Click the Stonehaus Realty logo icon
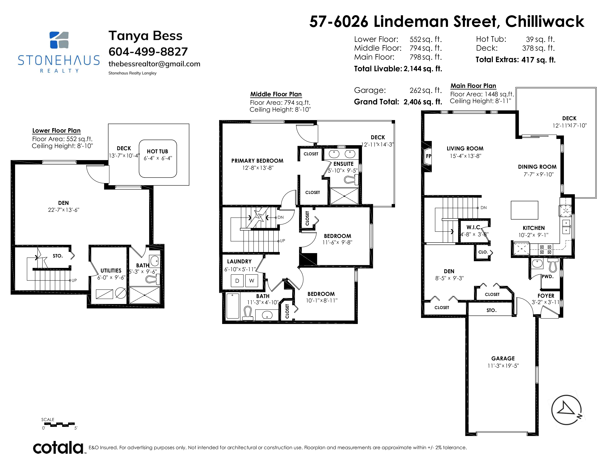click(59, 40)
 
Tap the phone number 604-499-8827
click(148, 52)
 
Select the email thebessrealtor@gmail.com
click(154, 64)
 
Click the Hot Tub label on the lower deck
click(157, 151)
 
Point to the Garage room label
click(503, 358)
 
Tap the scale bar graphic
click(59, 424)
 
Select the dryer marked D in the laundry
click(237, 281)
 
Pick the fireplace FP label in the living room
click(428, 156)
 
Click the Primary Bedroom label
click(257, 161)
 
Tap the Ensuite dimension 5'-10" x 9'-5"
click(343, 171)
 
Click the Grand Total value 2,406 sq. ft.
click(423, 102)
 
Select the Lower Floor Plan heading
click(56, 131)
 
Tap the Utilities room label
click(111, 270)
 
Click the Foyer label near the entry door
click(546, 296)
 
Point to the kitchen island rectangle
click(524, 210)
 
